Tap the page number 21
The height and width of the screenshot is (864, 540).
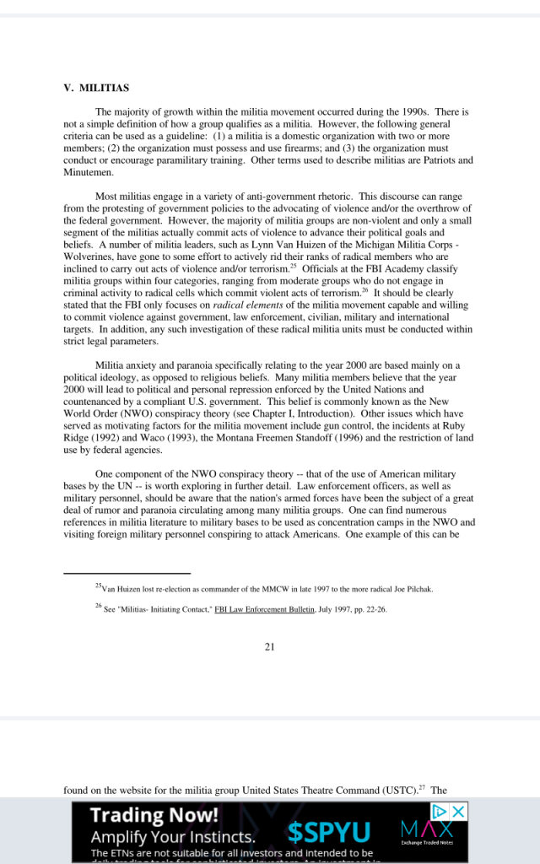coord(270,646)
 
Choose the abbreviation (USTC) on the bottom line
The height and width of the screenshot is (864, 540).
coord(395,791)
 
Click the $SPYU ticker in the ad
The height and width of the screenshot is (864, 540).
coord(328,834)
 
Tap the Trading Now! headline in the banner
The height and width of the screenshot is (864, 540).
coord(154,815)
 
